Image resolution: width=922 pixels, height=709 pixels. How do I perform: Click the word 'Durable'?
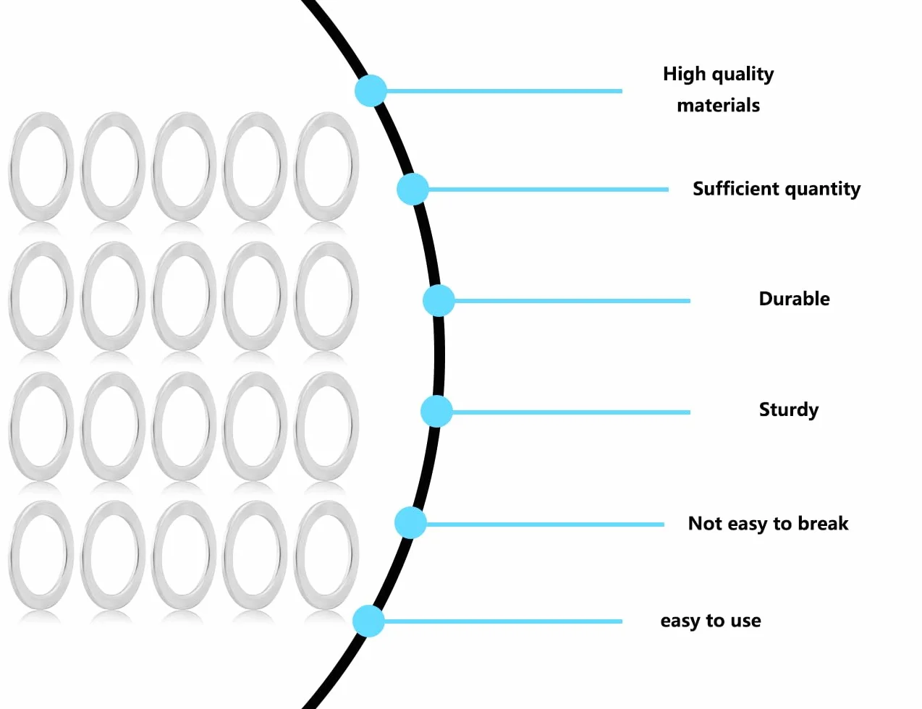point(794,299)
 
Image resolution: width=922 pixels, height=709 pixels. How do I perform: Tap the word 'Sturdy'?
point(789,410)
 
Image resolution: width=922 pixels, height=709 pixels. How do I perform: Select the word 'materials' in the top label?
point(719,105)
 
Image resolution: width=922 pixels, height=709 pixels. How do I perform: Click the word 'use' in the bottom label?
point(746,621)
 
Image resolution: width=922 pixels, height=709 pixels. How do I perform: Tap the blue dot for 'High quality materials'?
point(371,90)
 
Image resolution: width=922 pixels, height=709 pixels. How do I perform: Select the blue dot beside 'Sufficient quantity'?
point(413,189)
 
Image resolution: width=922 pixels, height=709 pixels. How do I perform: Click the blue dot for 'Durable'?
point(439,301)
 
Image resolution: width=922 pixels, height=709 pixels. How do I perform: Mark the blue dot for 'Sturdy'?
point(436,412)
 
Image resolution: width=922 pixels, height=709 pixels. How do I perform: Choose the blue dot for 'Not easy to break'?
point(410,523)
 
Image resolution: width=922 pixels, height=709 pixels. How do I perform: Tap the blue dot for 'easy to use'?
point(368,621)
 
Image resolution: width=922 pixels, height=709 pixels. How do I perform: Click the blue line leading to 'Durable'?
point(572,301)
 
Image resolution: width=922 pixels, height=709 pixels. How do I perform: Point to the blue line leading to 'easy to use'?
point(503,621)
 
